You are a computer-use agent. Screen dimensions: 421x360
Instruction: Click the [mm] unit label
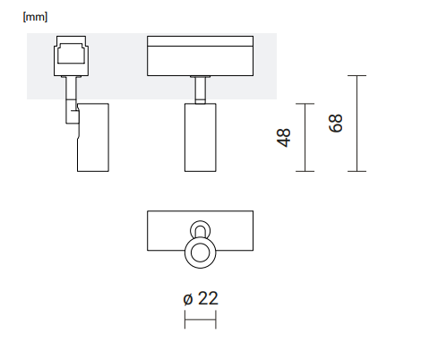(x=35, y=17)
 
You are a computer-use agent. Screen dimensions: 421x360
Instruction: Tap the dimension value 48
(x=284, y=138)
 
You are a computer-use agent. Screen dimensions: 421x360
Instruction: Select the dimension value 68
(x=336, y=123)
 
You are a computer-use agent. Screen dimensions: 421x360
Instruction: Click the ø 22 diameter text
(x=201, y=298)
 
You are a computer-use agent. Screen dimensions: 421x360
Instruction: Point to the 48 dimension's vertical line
(x=305, y=138)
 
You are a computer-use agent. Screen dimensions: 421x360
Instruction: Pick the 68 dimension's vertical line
(x=357, y=124)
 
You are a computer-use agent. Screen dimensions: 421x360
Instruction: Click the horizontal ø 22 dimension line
(x=201, y=320)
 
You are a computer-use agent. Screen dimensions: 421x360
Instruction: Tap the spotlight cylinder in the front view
(x=201, y=138)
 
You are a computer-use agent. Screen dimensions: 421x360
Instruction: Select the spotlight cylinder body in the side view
(x=93, y=138)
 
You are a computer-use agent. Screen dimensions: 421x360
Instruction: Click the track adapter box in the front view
(x=201, y=56)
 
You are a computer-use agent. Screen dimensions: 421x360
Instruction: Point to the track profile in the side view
(x=72, y=56)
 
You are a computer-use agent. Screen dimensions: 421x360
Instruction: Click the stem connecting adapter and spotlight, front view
(x=201, y=90)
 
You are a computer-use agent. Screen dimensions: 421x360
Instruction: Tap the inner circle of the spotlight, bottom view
(x=201, y=253)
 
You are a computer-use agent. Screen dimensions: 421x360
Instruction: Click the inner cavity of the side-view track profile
(x=72, y=54)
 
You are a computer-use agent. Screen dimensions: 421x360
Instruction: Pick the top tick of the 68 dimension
(x=357, y=75)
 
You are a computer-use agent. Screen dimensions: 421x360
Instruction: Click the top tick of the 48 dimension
(x=305, y=104)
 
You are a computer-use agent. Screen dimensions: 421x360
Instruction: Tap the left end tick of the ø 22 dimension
(x=185, y=320)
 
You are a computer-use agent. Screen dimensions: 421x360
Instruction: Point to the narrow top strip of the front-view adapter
(x=201, y=41)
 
